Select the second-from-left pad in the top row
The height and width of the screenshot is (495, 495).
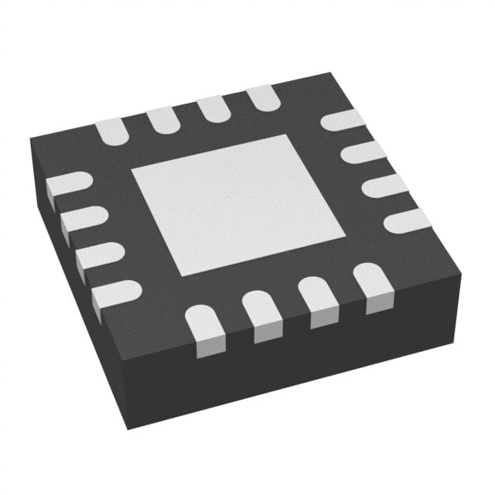(161, 118)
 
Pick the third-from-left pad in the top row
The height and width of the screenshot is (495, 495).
(212, 108)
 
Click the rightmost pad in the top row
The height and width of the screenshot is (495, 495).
(262, 97)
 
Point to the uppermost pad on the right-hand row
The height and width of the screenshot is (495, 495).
(342, 121)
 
